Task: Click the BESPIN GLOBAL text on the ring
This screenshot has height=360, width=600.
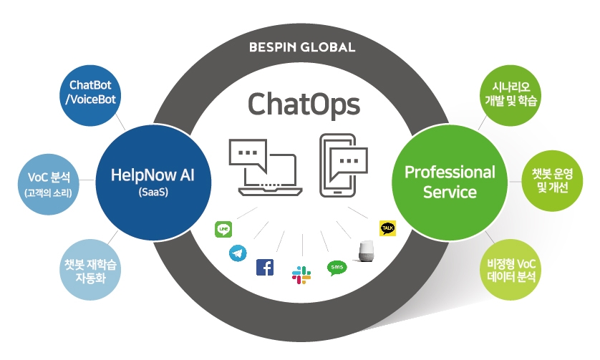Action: click(x=301, y=49)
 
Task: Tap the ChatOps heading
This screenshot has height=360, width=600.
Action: click(x=303, y=104)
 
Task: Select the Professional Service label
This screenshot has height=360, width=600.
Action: click(x=450, y=182)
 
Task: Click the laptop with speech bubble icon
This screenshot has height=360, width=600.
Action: click(x=264, y=167)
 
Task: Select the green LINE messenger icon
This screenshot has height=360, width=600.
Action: click(x=223, y=229)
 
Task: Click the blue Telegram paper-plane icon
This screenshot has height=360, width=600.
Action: click(x=238, y=253)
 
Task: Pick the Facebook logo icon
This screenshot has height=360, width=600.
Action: click(x=265, y=267)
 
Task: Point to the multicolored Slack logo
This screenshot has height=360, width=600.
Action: click(x=301, y=274)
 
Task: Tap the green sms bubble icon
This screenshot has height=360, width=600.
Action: click(x=336, y=268)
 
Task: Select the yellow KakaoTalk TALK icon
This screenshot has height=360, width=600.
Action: click(x=387, y=228)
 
